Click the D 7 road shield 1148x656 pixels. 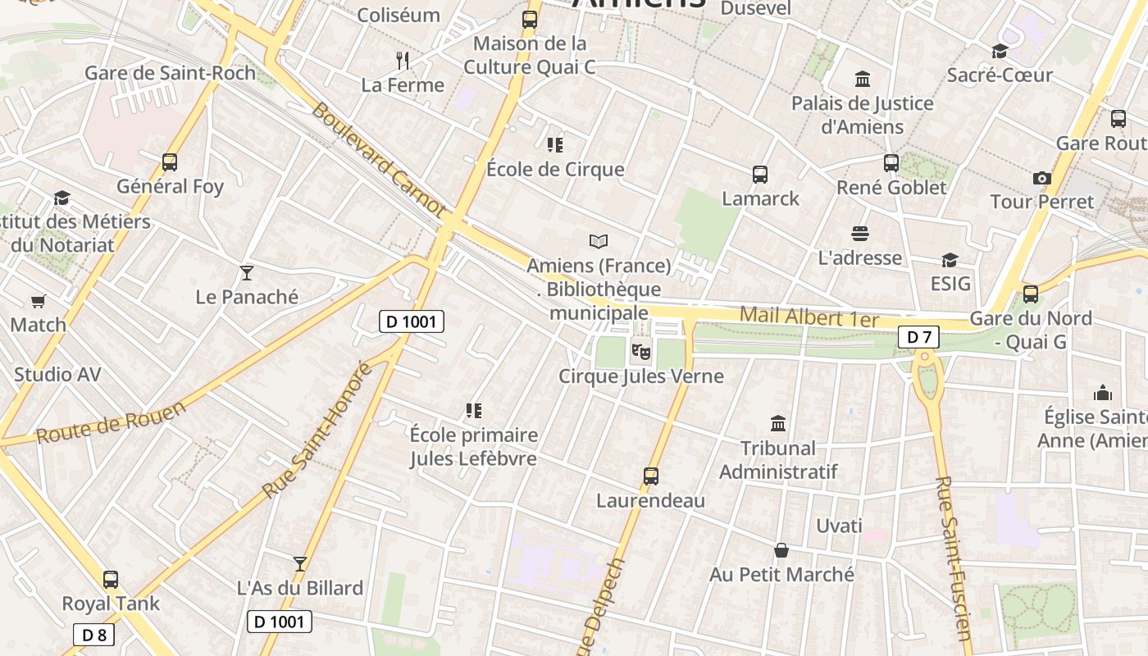point(918,336)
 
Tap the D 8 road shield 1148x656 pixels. point(94,634)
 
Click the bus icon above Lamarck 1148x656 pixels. point(760,175)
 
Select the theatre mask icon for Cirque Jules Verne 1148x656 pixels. point(640,353)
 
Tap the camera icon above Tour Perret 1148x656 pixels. point(1041,178)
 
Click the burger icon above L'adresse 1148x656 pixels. point(859,234)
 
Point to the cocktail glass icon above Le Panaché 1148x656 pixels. point(246,273)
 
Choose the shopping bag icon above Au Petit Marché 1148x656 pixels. point(781,550)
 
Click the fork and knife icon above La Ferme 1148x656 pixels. point(403,61)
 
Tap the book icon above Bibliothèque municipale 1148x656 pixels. point(599,241)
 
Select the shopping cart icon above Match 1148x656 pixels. point(38,301)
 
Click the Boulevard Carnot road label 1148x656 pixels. point(379,161)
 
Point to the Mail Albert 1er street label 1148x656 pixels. point(809,317)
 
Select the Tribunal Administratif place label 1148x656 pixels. point(778,460)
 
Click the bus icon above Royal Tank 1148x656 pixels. point(111,580)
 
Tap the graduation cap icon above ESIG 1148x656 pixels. point(950,260)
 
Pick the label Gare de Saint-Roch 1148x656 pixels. point(171,73)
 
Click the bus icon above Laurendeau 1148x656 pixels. point(651,476)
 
